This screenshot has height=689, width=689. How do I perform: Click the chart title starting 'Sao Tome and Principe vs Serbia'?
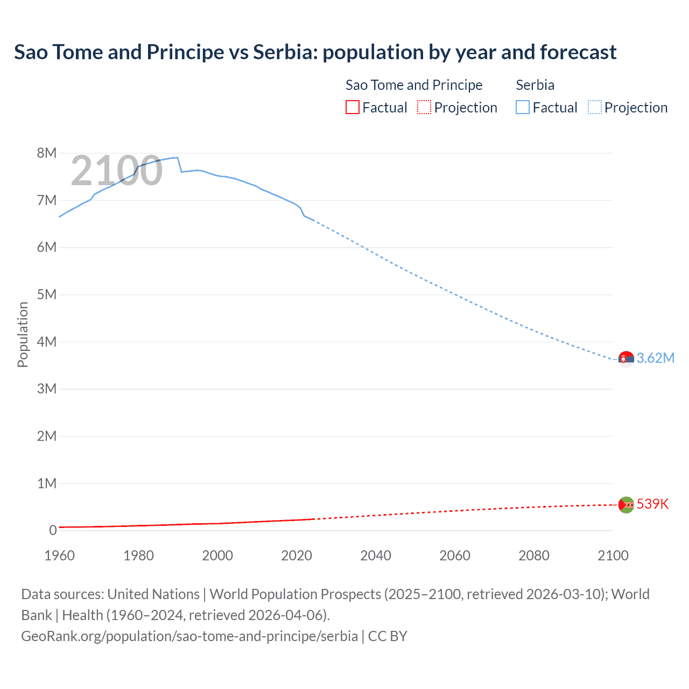(x=315, y=52)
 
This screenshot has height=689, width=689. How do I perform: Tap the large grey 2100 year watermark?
(x=116, y=171)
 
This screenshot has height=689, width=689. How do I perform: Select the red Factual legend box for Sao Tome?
(x=352, y=107)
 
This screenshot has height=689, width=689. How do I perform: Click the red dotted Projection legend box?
(x=424, y=107)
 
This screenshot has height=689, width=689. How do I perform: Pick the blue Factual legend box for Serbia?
(x=522, y=107)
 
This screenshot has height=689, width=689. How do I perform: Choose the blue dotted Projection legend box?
(x=594, y=107)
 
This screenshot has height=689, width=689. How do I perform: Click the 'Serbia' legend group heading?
(x=535, y=85)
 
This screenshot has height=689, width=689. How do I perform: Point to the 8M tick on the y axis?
(x=47, y=153)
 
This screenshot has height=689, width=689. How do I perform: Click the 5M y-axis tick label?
(x=47, y=294)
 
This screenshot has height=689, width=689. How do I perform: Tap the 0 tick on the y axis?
(x=53, y=530)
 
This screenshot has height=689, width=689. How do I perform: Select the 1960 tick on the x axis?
(x=59, y=556)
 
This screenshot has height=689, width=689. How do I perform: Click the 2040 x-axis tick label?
(x=376, y=556)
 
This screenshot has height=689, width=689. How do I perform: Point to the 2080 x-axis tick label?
(x=533, y=556)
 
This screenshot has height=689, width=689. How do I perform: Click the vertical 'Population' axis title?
(x=23, y=334)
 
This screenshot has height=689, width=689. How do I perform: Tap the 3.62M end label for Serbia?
(x=655, y=358)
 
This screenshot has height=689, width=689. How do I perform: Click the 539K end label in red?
(x=652, y=504)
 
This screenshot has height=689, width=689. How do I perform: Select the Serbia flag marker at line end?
(x=626, y=358)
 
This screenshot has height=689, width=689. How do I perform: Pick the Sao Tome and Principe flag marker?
(x=626, y=504)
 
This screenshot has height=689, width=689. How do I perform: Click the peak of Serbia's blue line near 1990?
(x=177, y=158)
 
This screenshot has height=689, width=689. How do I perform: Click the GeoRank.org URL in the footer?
(x=189, y=636)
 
